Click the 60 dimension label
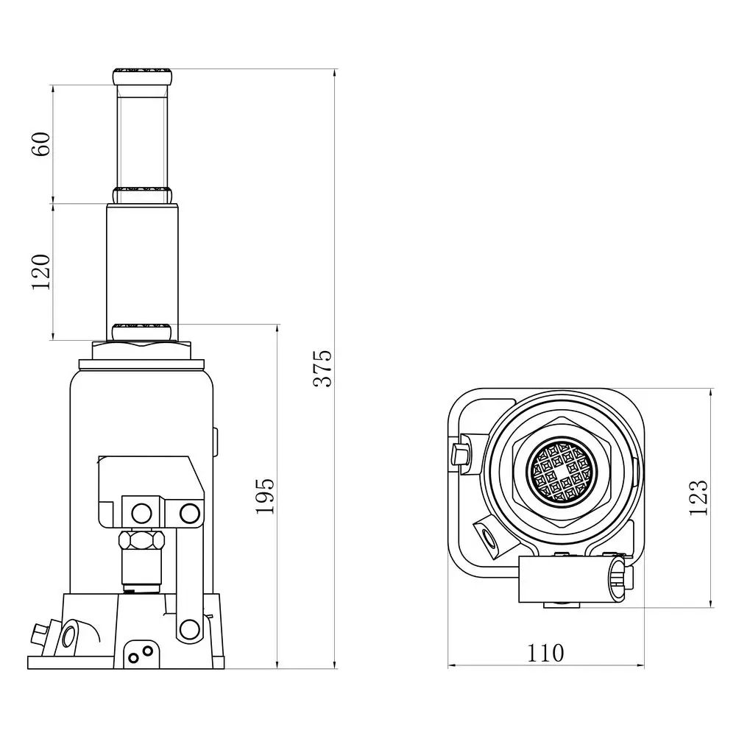pos(43,144)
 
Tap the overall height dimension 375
pos(323,368)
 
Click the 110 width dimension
pos(545,652)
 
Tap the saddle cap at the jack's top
pos(143,75)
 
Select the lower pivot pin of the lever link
pos(189,628)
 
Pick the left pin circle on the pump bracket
pos(140,511)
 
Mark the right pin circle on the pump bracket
pos(190,511)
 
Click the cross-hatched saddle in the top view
pos(561,474)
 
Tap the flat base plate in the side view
pos(125,662)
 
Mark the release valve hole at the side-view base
pos(71,633)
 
